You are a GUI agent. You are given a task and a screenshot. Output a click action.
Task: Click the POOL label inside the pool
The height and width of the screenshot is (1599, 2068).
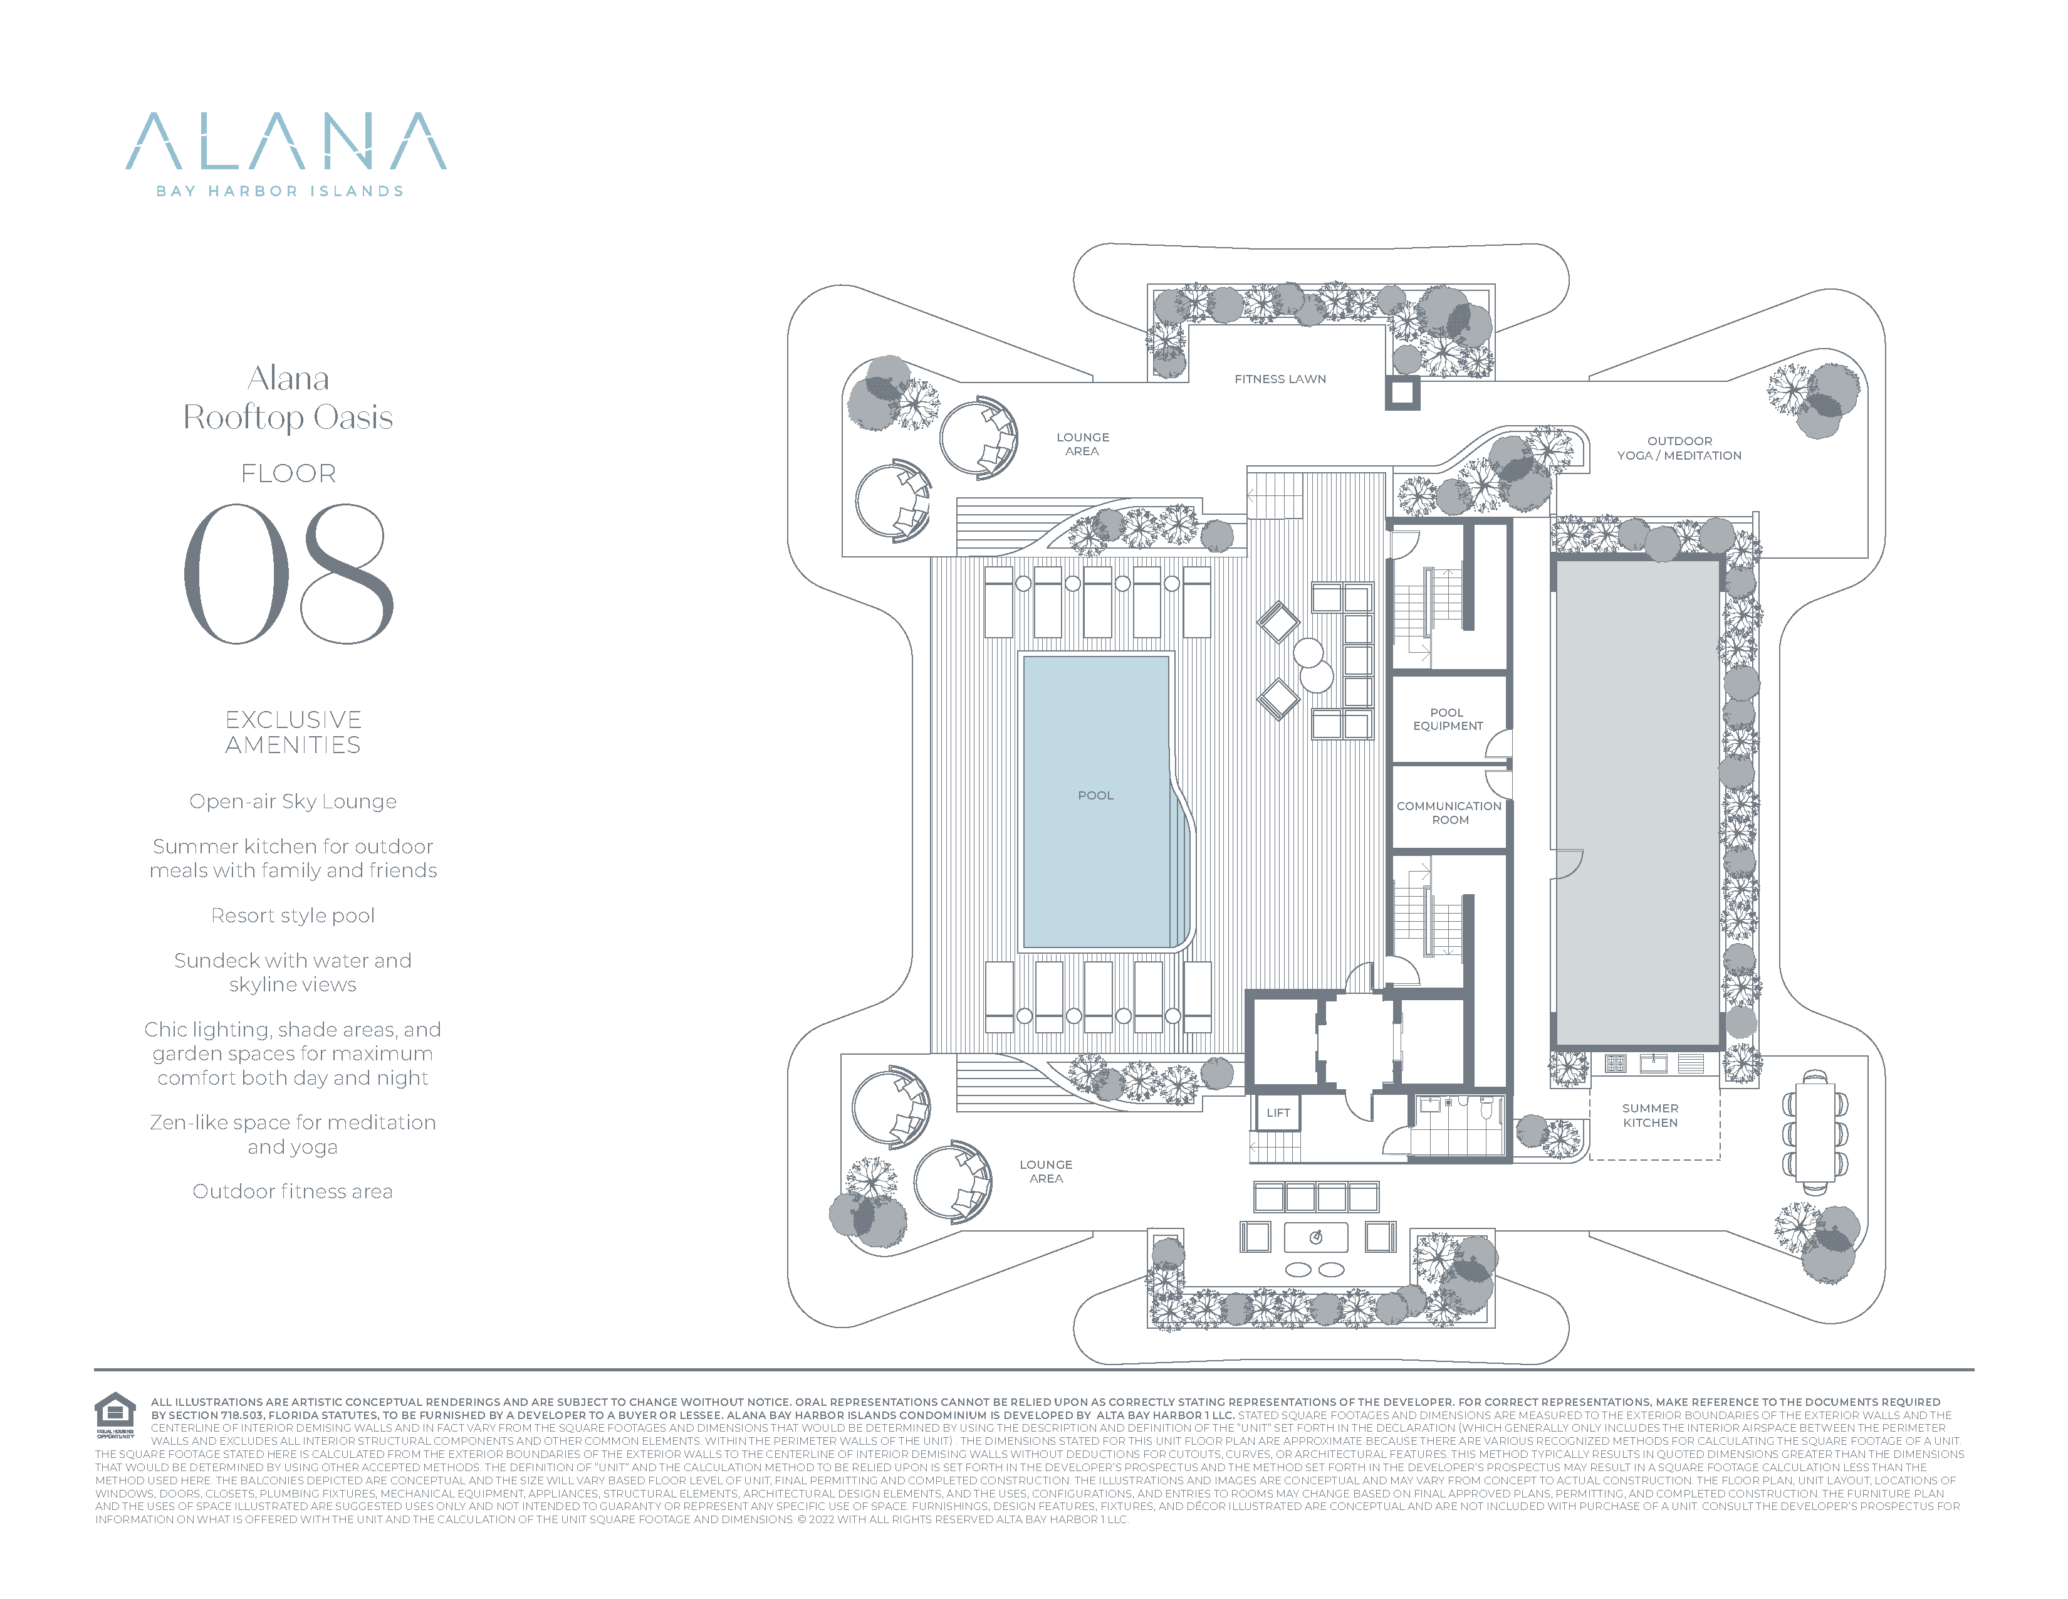click(x=1095, y=796)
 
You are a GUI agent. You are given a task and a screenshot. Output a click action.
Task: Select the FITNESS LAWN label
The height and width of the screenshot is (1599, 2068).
click(x=1280, y=379)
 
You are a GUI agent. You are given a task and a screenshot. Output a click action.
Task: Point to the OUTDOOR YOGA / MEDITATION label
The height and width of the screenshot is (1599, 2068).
click(x=1679, y=448)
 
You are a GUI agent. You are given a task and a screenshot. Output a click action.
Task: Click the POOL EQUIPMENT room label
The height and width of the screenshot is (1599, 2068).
click(x=1448, y=719)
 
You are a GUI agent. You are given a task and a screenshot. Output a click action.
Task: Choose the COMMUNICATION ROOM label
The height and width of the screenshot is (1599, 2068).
click(x=1449, y=813)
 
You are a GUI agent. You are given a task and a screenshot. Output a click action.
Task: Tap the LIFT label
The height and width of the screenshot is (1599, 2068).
click(x=1278, y=1113)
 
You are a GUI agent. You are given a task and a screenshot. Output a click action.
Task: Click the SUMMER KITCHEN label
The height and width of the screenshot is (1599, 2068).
click(x=1651, y=1115)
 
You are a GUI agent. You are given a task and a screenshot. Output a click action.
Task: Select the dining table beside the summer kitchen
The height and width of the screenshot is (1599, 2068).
click(x=1815, y=1132)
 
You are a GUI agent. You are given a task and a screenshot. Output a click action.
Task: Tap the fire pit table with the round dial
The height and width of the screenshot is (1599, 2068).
click(x=1315, y=1237)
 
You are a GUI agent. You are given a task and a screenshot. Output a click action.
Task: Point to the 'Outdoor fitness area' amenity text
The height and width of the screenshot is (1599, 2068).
click(x=293, y=1191)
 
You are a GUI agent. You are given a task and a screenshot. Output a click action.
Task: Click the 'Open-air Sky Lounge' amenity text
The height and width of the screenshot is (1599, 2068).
click(x=293, y=801)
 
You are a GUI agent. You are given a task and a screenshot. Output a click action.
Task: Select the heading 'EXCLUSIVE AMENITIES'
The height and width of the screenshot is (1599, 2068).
click(x=293, y=732)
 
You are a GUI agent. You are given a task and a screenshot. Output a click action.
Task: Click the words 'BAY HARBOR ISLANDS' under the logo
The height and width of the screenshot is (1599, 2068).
click(x=280, y=191)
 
